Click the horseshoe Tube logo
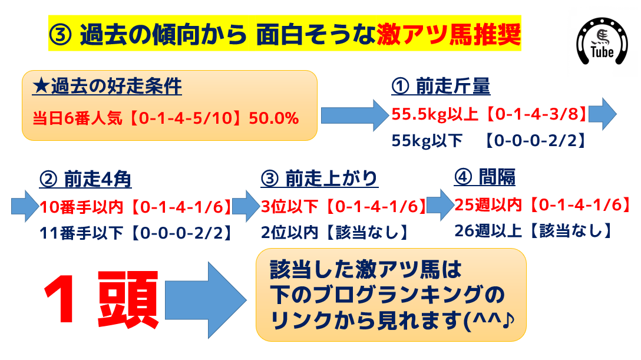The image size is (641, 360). [x=602, y=41]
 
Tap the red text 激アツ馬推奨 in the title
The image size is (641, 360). [x=448, y=34]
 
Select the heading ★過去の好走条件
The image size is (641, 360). [x=107, y=86]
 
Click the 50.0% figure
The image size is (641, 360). [x=273, y=118]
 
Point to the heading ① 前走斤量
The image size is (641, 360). [x=441, y=86]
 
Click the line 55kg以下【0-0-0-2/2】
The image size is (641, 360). [x=489, y=141]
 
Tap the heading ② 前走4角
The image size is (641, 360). [x=85, y=179]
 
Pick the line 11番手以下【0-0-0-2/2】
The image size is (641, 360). [x=136, y=233]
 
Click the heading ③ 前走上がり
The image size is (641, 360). [x=319, y=178]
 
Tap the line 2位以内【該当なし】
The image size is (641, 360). [x=335, y=232]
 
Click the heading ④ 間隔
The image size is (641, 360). [x=484, y=177]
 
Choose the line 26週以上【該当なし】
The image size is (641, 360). [x=534, y=231]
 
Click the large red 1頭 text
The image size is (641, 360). [x=101, y=299]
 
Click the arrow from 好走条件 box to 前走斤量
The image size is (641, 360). [x=355, y=115]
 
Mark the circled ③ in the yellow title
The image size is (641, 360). [x=61, y=35]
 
